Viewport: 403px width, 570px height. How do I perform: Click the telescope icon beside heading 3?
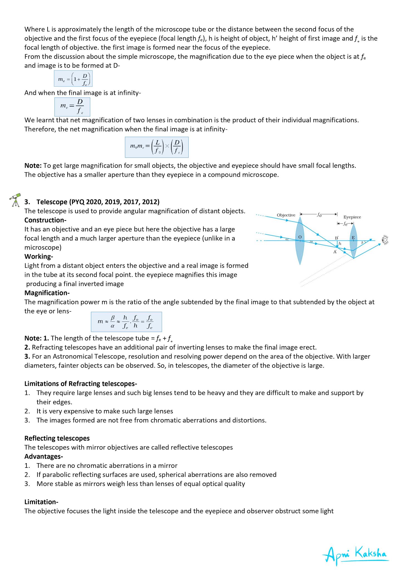point(16,200)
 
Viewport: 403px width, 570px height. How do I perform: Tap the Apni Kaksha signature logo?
point(355,554)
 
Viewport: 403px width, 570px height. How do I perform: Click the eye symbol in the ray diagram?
point(385,240)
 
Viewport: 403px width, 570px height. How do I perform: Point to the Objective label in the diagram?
point(286,215)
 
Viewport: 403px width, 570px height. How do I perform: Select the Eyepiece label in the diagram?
point(352,217)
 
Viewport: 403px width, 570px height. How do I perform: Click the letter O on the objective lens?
point(300,237)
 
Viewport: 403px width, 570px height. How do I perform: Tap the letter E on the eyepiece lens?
point(353,238)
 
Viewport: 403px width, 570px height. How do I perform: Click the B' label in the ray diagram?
point(336,238)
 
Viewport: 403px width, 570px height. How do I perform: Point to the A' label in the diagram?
point(335,252)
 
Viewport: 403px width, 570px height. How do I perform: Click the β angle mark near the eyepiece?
point(362,243)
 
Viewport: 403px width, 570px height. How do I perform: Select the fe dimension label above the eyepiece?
point(345,224)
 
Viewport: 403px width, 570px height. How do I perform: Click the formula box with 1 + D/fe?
point(73,79)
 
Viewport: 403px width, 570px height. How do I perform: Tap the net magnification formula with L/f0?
point(157,147)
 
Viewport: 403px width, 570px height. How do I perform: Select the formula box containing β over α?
point(126,322)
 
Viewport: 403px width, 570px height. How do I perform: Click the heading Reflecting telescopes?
point(57,438)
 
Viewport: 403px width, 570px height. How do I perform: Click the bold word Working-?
point(39,256)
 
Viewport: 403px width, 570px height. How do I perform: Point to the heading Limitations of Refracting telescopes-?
point(81,384)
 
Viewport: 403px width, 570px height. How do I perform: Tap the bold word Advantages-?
point(44,456)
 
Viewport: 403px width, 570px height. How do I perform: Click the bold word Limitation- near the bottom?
point(41,502)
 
